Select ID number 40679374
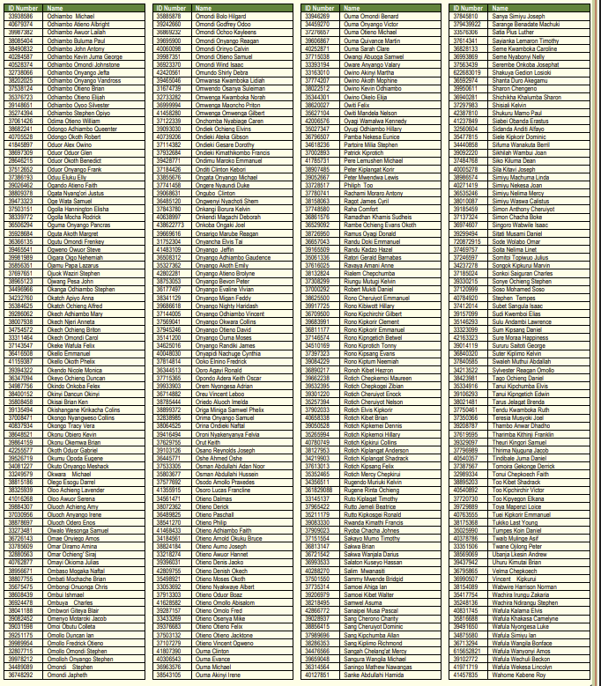pyautogui.click(x=20, y=24)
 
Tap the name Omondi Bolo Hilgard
pyautogui.click(x=219, y=16)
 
